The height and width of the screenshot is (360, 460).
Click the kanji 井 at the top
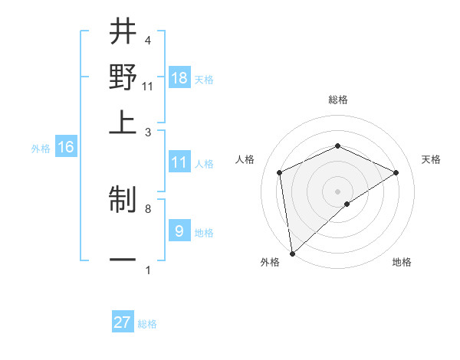123,32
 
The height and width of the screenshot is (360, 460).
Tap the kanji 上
123,122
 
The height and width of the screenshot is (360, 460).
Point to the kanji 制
123,201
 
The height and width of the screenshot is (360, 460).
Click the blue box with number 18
179,78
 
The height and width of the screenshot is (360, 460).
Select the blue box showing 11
179,162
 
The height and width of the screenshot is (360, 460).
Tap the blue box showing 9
179,231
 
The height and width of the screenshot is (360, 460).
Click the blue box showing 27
123,322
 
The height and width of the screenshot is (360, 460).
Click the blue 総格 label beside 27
147,324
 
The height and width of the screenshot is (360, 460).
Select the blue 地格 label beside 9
204,233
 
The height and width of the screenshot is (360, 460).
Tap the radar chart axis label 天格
431,159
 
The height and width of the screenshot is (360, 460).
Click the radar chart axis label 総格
338,100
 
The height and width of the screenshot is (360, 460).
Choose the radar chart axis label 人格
245,159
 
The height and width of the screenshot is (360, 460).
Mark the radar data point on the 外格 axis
291,254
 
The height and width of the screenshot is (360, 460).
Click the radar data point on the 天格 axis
396,172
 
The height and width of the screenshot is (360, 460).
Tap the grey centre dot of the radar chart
338,191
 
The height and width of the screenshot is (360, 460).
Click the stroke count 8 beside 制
147,208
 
